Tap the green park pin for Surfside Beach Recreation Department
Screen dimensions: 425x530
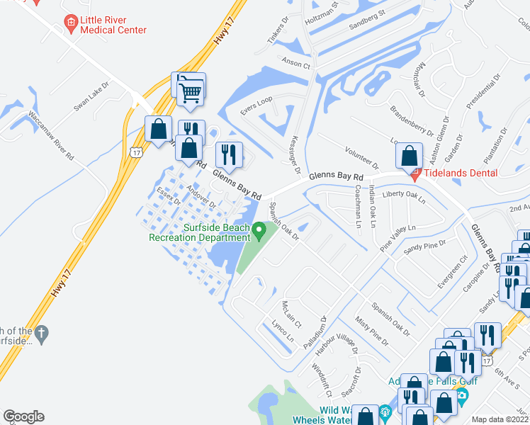point(259,229)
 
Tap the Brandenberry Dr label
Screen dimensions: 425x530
point(412,120)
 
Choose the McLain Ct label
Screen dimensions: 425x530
point(291,310)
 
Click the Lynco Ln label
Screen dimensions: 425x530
point(282,331)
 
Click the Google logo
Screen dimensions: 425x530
point(23,416)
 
